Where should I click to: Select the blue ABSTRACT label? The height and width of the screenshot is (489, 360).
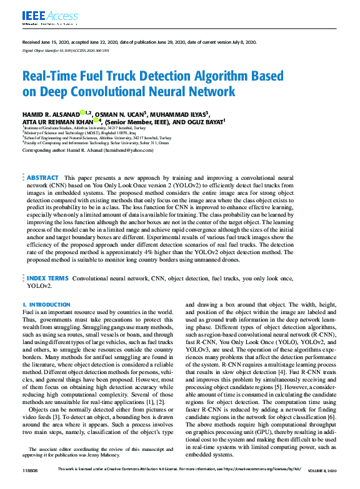43,161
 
